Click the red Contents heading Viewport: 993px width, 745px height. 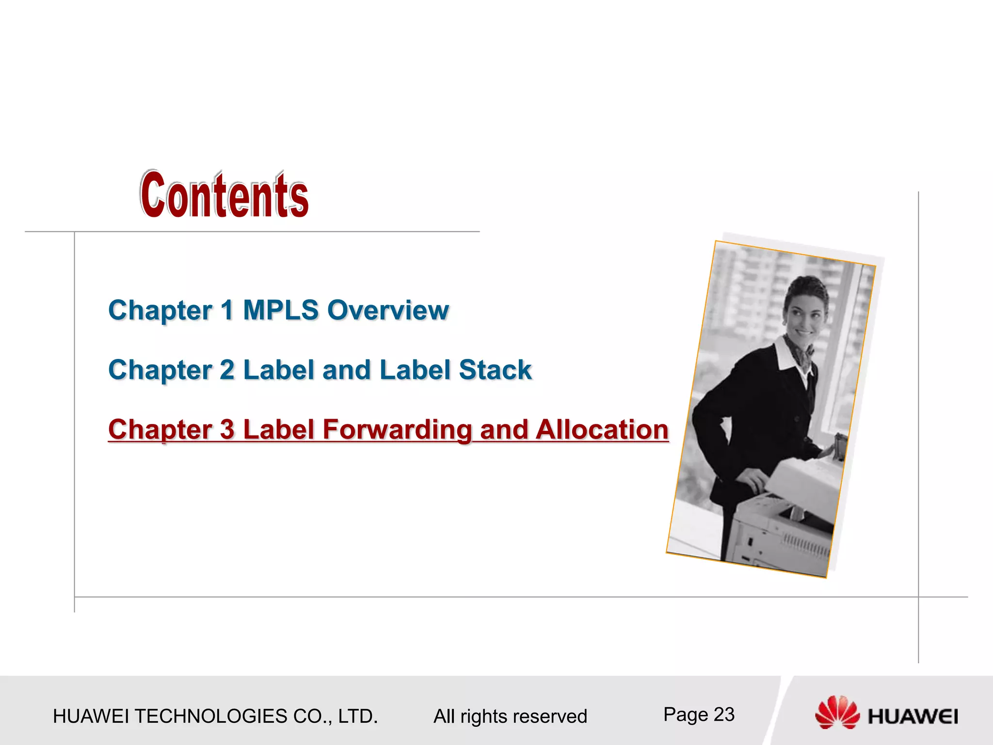[x=224, y=195]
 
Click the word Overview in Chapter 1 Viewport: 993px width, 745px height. [x=388, y=310]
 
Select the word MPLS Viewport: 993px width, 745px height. [x=281, y=310]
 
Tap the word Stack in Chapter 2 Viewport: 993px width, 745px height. [x=495, y=370]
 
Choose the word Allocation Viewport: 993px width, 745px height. [x=602, y=430]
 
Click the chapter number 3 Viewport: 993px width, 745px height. [x=227, y=430]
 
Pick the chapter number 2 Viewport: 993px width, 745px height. [x=227, y=370]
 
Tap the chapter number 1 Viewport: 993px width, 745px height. [x=226, y=310]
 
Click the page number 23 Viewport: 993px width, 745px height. [x=724, y=714]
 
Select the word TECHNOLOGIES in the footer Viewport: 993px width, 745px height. [x=210, y=716]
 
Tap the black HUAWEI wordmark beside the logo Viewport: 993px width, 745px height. [x=913, y=717]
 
